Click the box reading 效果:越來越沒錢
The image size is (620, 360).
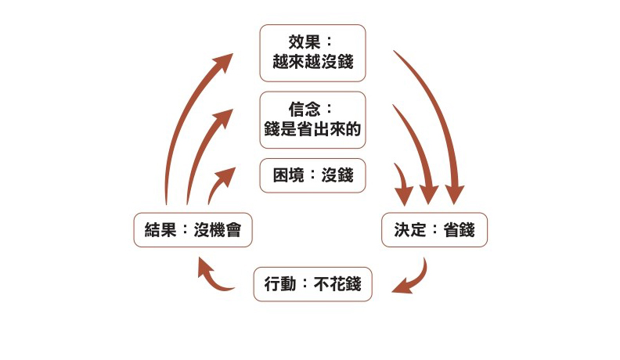[312, 52]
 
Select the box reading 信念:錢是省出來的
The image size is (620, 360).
[312, 119]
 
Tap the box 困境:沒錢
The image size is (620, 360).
[312, 175]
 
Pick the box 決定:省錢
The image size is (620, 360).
[434, 230]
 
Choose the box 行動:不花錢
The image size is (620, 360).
[312, 284]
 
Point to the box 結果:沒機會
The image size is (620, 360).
[193, 230]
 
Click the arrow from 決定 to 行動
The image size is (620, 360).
[415, 279]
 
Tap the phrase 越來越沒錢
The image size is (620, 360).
[312, 63]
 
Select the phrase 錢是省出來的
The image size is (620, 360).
[312, 130]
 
